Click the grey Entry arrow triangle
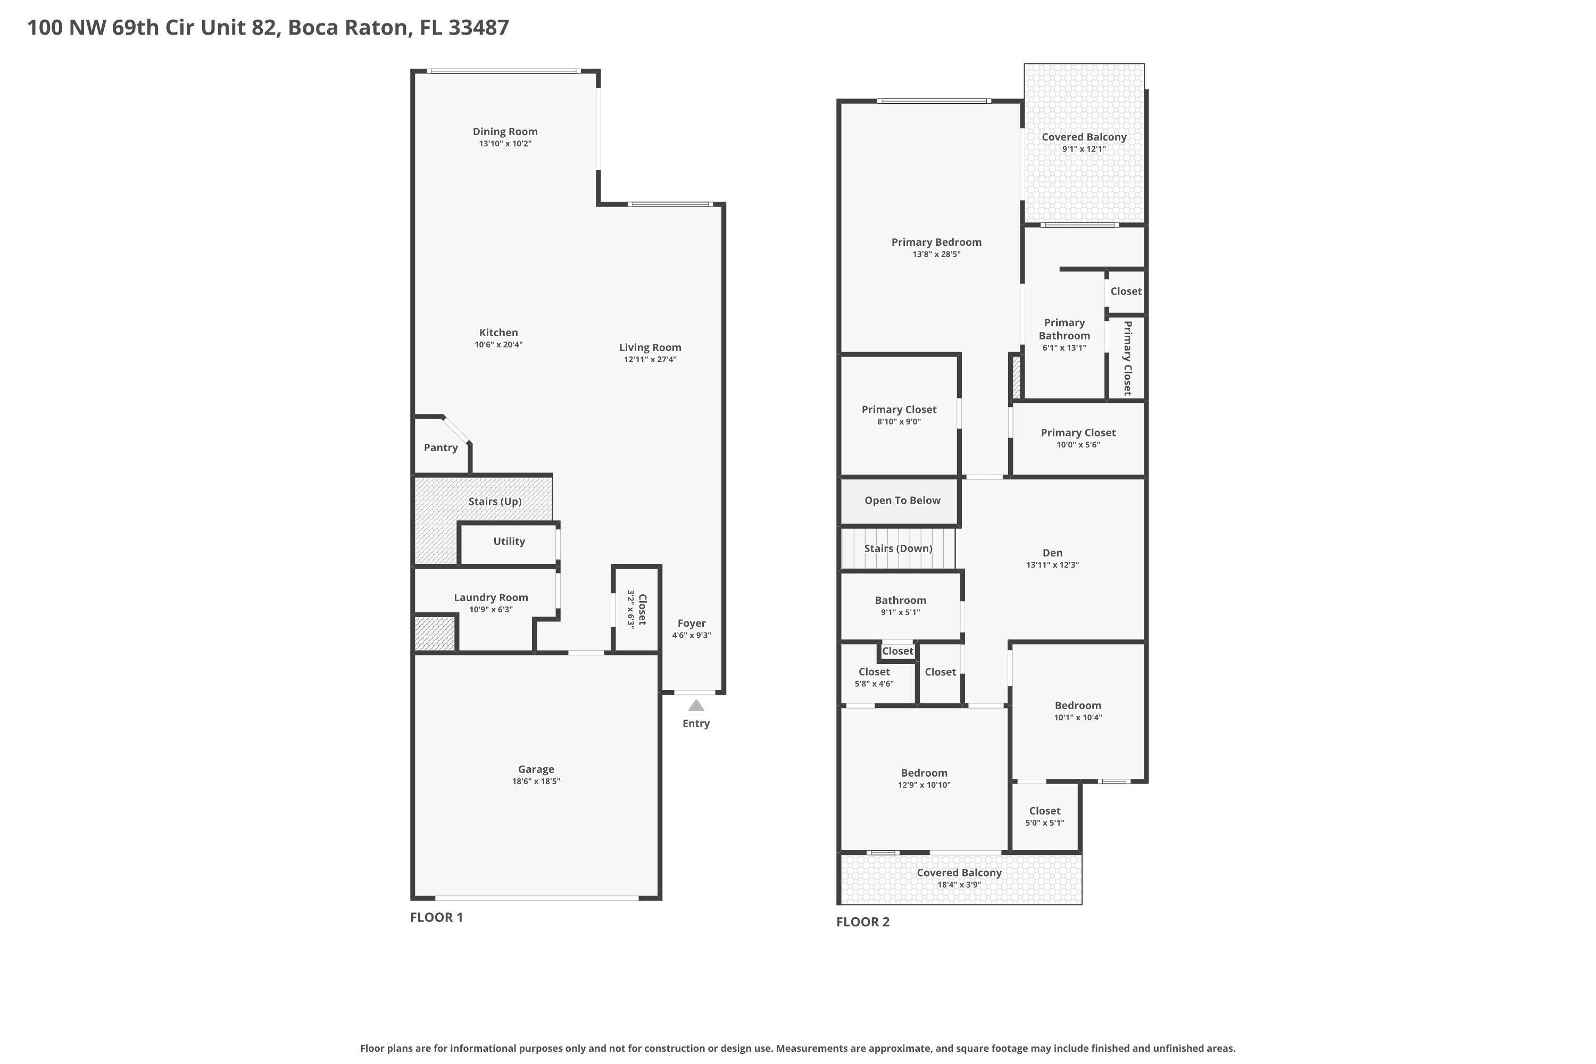pos(696,706)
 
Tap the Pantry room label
pos(440,448)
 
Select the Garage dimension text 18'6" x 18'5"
pos(536,782)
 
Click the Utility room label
pos(509,542)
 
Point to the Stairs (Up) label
pos(495,502)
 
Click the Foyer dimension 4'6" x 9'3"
pos(692,636)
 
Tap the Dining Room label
pos(505,131)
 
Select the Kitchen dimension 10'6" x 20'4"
pos(499,345)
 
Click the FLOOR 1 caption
pos(436,917)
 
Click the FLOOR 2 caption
pos(862,922)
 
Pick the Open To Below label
pos(902,501)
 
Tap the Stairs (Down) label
pos(898,548)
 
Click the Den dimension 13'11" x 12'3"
pos(1052,565)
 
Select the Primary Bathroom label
pos(1064,329)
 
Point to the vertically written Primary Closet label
pos(1127,358)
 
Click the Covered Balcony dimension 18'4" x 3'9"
pos(959,885)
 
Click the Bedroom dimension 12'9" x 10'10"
pos(924,785)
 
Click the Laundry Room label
pos(491,598)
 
